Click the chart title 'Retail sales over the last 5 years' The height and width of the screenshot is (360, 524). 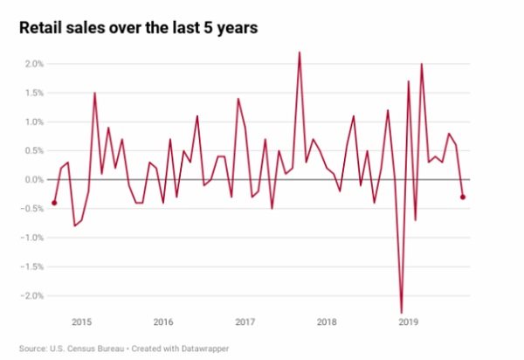138,29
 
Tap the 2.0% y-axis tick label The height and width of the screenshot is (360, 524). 33,64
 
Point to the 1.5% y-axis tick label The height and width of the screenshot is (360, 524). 33,93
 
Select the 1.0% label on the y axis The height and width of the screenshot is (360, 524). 33,121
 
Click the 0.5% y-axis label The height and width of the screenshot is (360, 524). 33,150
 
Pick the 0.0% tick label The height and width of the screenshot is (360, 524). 33,179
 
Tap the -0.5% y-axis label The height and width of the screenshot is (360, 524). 31,208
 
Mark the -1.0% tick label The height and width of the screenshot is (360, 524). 31,237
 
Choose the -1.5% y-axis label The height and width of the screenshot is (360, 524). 31,267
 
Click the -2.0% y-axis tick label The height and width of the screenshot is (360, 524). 31,295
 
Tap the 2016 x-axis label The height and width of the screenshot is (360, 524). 163,322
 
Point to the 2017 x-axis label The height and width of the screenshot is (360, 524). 245,322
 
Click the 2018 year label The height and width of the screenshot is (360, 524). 327,322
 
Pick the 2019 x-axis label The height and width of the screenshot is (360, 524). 408,322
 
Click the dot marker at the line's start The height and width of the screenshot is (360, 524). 54,203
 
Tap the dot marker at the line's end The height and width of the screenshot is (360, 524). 463,197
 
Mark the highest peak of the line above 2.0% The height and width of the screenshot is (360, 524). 300,52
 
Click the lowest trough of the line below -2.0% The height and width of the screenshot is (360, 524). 402,312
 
